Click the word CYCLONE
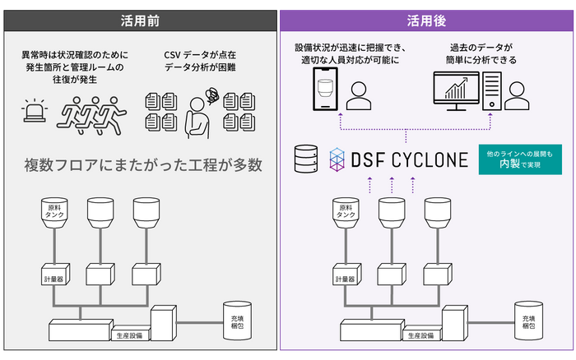[x=431, y=158]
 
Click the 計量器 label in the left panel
[x=54, y=279]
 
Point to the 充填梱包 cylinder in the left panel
[x=239, y=321]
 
